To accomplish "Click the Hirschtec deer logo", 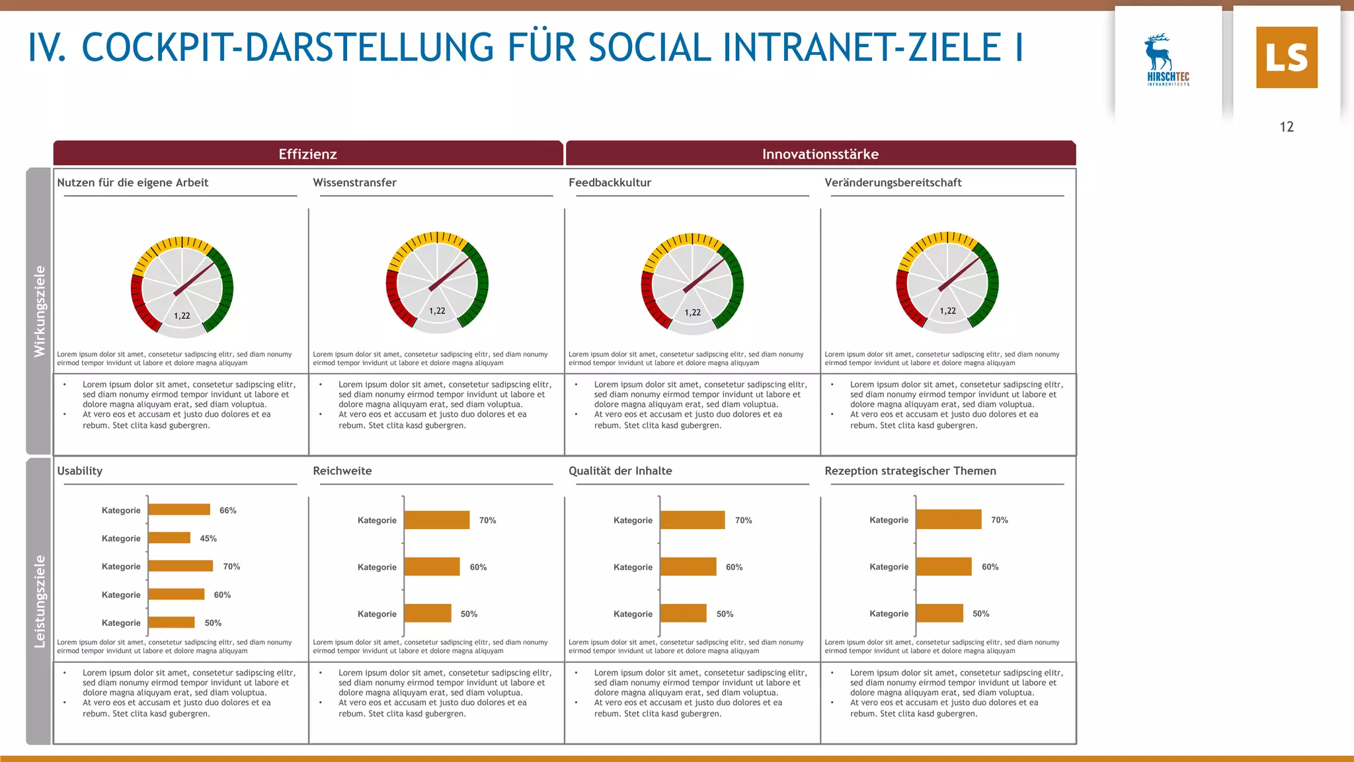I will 1168,60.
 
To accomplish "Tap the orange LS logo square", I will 1287,58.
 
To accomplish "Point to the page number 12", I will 1287,127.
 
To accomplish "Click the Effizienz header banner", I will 308,154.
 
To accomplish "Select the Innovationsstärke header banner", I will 820,154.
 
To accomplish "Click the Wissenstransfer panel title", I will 354,183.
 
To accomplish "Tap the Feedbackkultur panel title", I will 610,183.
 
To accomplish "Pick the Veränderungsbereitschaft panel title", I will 893,183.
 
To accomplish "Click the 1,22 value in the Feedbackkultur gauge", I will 692,312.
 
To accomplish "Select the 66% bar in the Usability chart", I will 179,509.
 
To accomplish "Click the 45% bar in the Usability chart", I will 169,538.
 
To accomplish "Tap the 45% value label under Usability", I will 208,538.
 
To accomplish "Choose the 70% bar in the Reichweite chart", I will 436,520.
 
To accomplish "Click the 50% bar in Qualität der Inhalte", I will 683,613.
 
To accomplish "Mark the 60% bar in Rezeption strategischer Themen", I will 943,566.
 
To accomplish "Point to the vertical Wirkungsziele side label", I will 40,311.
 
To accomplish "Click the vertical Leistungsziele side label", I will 40,601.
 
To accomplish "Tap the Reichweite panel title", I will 342,471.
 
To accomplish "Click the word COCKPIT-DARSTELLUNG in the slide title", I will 288,48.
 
